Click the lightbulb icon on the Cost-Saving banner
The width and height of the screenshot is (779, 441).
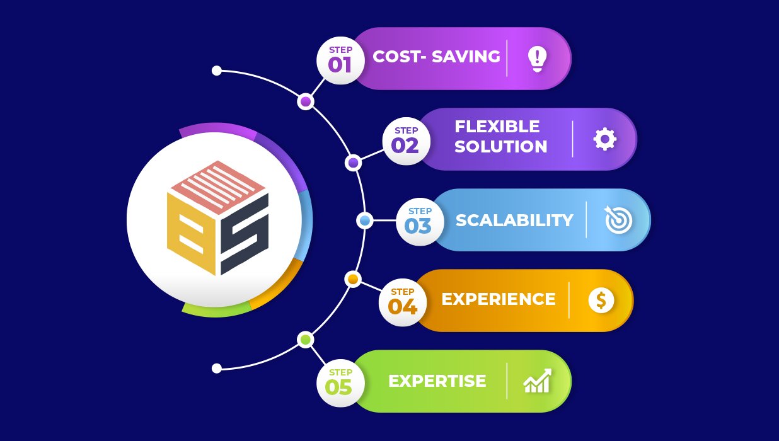pyautogui.click(x=537, y=59)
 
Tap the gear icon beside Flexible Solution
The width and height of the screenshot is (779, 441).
pyautogui.click(x=604, y=139)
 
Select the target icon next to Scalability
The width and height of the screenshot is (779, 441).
pyautogui.click(x=618, y=220)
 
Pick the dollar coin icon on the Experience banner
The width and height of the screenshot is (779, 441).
pyautogui.click(x=601, y=301)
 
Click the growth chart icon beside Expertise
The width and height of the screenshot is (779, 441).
pyautogui.click(x=537, y=381)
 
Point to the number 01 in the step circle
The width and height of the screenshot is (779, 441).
pyautogui.click(x=340, y=65)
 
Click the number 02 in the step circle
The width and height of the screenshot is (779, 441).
pyautogui.click(x=405, y=146)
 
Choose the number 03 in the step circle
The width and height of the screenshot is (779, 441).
pyautogui.click(x=418, y=226)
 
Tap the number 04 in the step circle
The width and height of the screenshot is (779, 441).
pyautogui.click(x=402, y=306)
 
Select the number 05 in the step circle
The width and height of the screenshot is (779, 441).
pyautogui.click(x=338, y=387)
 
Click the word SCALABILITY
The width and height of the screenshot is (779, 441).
pyautogui.click(x=514, y=220)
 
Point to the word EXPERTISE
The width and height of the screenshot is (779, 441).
pyautogui.click(x=437, y=381)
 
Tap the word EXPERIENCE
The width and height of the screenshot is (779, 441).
pyautogui.click(x=498, y=299)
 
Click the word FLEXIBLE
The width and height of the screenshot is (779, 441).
pyautogui.click(x=497, y=127)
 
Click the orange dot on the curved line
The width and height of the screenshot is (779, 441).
pyautogui.click(x=353, y=279)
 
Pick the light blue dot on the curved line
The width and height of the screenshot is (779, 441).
pyautogui.click(x=364, y=220)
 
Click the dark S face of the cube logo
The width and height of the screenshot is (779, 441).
pyautogui.click(x=245, y=233)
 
